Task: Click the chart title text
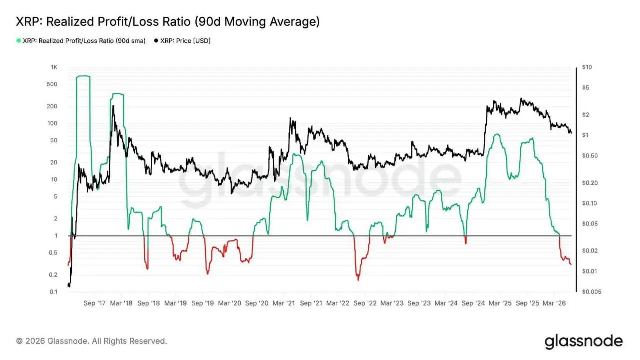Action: (x=168, y=22)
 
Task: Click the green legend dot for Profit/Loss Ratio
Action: (x=19, y=41)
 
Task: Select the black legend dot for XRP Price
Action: (x=156, y=41)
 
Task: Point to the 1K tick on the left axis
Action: (x=54, y=67)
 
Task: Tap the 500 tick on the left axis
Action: (x=52, y=84)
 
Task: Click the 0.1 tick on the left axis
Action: (x=53, y=292)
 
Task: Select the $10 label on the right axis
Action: (x=587, y=67)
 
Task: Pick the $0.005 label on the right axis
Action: (x=592, y=292)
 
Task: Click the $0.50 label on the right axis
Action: (x=590, y=156)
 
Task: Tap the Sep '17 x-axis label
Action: (x=95, y=303)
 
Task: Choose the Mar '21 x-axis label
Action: (x=283, y=303)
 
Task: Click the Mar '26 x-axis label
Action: (x=554, y=303)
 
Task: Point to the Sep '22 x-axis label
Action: (x=365, y=303)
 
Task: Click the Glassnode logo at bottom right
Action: (x=584, y=341)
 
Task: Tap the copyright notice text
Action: (x=91, y=341)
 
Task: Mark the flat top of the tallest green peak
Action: (x=83, y=76)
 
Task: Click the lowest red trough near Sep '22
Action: (x=358, y=279)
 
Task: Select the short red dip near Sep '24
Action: (x=466, y=240)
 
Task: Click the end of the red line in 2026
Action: (x=571, y=264)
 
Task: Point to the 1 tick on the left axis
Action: (x=56, y=236)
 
